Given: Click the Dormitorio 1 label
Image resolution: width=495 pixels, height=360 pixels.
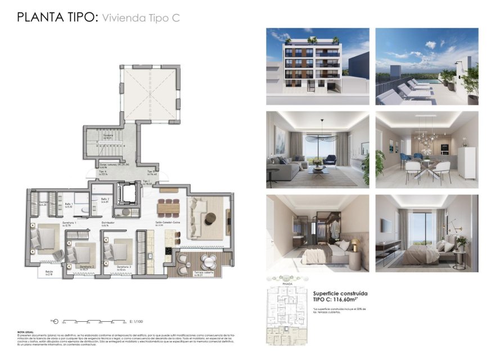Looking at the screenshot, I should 69,223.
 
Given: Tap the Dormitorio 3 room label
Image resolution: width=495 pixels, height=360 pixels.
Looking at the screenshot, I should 124,267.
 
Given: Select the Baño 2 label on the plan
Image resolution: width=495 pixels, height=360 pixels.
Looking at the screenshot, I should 105,200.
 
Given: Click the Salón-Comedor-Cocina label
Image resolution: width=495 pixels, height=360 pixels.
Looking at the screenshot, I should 168,223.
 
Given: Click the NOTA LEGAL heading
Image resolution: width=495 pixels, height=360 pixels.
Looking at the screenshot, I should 25,332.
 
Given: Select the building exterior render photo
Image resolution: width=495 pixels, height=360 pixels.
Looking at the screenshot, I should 317,66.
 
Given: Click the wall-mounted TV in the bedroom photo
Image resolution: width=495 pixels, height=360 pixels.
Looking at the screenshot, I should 386,225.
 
